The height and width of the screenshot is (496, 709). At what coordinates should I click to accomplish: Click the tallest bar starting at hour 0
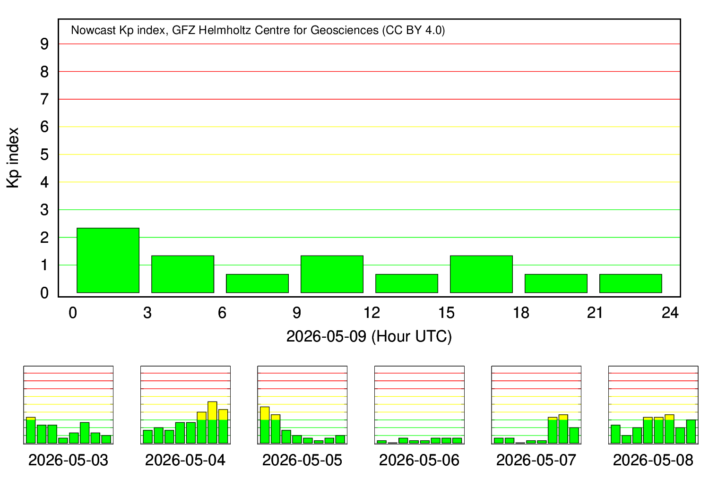[x=108, y=260]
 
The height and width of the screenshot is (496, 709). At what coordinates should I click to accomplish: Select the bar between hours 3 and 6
[x=182, y=274]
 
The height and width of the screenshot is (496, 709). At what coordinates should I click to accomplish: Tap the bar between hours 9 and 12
[x=332, y=274]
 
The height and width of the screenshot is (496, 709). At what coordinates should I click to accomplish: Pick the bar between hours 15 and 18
[x=482, y=274]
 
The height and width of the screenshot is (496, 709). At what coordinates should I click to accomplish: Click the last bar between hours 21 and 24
[x=631, y=283]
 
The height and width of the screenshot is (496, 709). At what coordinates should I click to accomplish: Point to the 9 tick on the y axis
[x=44, y=44]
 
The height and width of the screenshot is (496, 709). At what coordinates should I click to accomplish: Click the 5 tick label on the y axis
[x=44, y=154]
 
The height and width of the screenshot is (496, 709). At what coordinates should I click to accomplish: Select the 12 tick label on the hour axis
[x=372, y=313]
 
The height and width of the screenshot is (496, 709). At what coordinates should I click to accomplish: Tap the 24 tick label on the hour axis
[x=670, y=313]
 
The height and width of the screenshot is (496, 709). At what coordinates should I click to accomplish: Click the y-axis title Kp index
[x=13, y=158]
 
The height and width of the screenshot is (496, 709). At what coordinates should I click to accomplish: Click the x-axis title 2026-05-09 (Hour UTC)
[x=369, y=336]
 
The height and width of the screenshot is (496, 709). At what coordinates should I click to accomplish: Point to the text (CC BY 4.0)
[x=414, y=30]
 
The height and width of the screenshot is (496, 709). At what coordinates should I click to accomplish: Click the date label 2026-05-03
[x=69, y=460]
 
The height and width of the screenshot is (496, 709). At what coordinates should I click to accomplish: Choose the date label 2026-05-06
[x=419, y=460]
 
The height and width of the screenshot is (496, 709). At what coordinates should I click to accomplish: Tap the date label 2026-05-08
[x=653, y=460]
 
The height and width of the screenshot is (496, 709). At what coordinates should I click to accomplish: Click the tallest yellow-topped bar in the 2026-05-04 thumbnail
[x=212, y=423]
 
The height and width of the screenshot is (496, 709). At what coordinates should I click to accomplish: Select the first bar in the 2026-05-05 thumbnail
[x=265, y=425]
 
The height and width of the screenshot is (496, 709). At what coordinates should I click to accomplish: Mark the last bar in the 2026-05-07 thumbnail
[x=574, y=436]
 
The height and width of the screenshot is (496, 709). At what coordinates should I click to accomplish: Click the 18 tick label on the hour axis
[x=521, y=313]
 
